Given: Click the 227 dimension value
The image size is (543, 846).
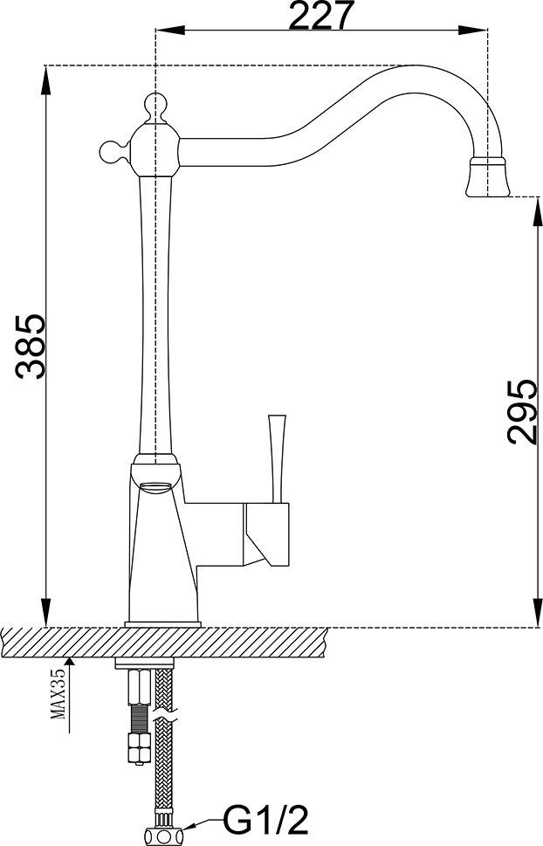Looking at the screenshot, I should (x=320, y=16).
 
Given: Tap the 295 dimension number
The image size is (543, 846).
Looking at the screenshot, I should (x=523, y=411).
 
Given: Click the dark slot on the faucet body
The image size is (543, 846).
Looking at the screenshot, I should (x=158, y=486).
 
